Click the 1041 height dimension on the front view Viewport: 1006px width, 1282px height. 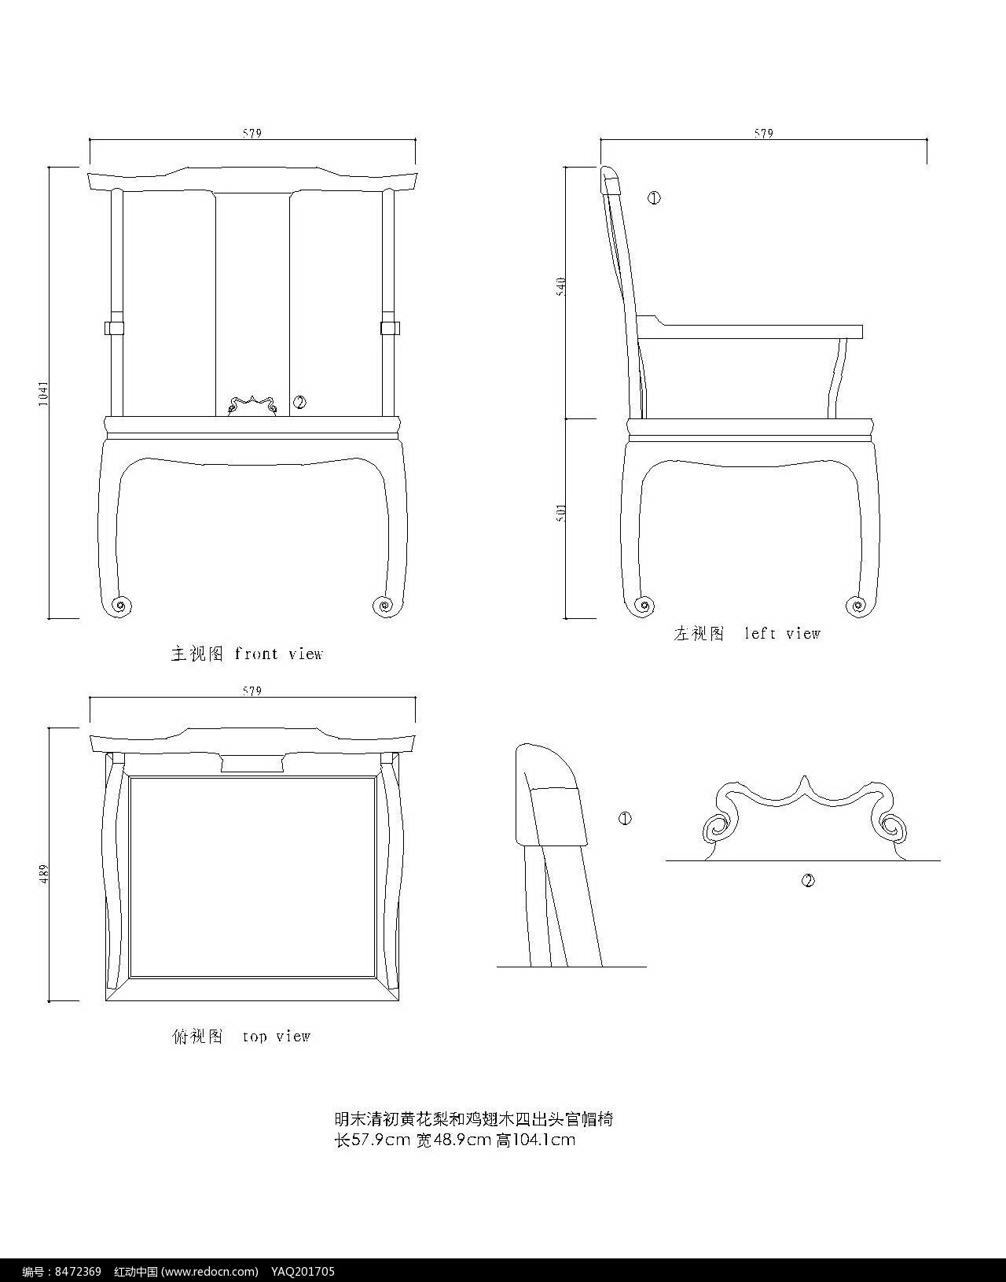[43, 393]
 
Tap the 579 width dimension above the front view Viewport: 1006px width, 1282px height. [251, 134]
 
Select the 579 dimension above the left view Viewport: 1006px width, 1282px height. [763, 134]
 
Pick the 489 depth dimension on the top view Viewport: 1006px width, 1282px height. [44, 873]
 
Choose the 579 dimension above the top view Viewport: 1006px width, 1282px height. [251, 691]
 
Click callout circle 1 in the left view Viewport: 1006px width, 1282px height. [654, 198]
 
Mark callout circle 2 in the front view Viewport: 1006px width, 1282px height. [299, 403]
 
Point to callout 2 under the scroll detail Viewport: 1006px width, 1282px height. [808, 880]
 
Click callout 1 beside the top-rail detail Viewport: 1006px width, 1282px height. [625, 819]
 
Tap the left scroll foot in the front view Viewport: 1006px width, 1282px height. [120, 605]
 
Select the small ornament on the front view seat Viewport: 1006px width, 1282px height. [251, 405]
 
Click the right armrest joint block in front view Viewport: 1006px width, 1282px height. [388, 326]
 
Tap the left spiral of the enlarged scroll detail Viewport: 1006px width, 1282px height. [716, 828]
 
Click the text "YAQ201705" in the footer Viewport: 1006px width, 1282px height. [303, 1272]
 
